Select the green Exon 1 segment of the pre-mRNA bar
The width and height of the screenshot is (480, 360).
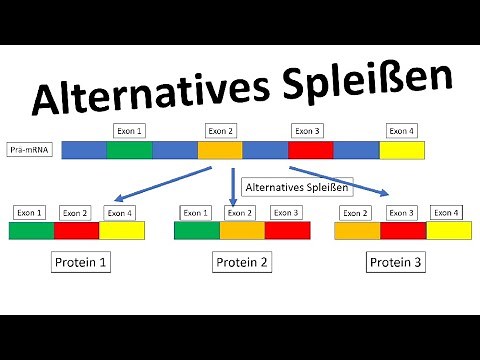pos(129,150)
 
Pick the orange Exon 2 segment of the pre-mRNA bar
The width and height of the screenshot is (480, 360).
pos(219,150)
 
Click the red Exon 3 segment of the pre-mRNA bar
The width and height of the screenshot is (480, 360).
pos(310,150)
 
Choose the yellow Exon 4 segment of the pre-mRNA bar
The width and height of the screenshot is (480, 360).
pos(401,150)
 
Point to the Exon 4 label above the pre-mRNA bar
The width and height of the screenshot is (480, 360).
pos(402,130)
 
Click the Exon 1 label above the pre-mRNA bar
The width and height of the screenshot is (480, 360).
pos(130,130)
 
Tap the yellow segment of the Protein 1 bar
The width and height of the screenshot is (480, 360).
pos(121,231)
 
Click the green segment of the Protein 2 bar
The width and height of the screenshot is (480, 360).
pos(197,231)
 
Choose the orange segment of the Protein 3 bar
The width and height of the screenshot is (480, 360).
pos(357,231)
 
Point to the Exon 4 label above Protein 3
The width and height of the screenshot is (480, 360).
pos(445,212)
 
